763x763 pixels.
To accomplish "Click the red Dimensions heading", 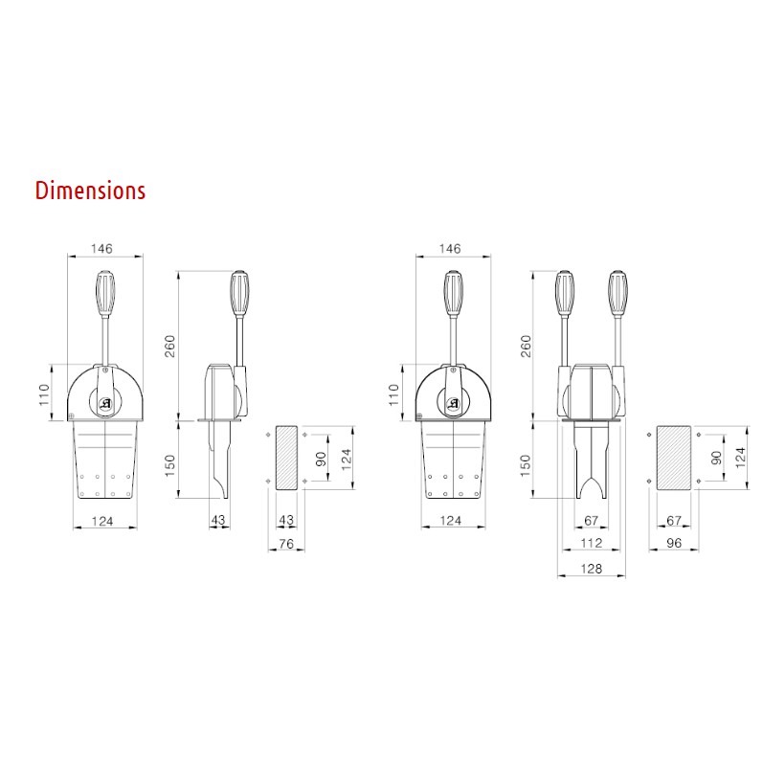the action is [x=91, y=191].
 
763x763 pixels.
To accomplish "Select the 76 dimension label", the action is [x=286, y=543].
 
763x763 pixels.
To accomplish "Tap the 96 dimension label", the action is [x=674, y=543].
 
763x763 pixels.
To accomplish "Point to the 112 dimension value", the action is [x=592, y=543].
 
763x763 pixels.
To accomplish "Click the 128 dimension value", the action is [x=592, y=569].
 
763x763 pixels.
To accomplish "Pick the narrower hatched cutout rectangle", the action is [x=286, y=458].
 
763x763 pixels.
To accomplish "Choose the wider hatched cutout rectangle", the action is [x=674, y=458].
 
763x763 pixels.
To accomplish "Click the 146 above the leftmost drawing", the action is [x=101, y=249].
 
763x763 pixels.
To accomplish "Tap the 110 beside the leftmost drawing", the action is [x=44, y=395].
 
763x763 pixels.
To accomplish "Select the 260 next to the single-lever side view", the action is [x=169, y=346].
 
